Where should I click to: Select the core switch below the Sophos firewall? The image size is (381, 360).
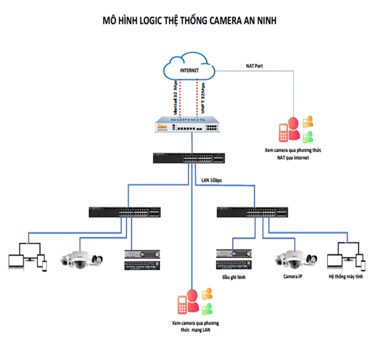pyautogui.click(x=191, y=159)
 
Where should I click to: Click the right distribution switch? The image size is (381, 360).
pyautogui.click(x=252, y=212)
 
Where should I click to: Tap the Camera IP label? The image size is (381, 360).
pyautogui.click(x=292, y=276)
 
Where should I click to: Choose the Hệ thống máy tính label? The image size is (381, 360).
pyautogui.click(x=346, y=276)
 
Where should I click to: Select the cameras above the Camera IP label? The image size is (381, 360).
pyautogui.click(x=295, y=258)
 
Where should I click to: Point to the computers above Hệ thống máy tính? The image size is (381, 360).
pyautogui.click(x=345, y=256)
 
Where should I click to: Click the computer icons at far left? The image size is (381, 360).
pyautogui.click(x=26, y=256)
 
